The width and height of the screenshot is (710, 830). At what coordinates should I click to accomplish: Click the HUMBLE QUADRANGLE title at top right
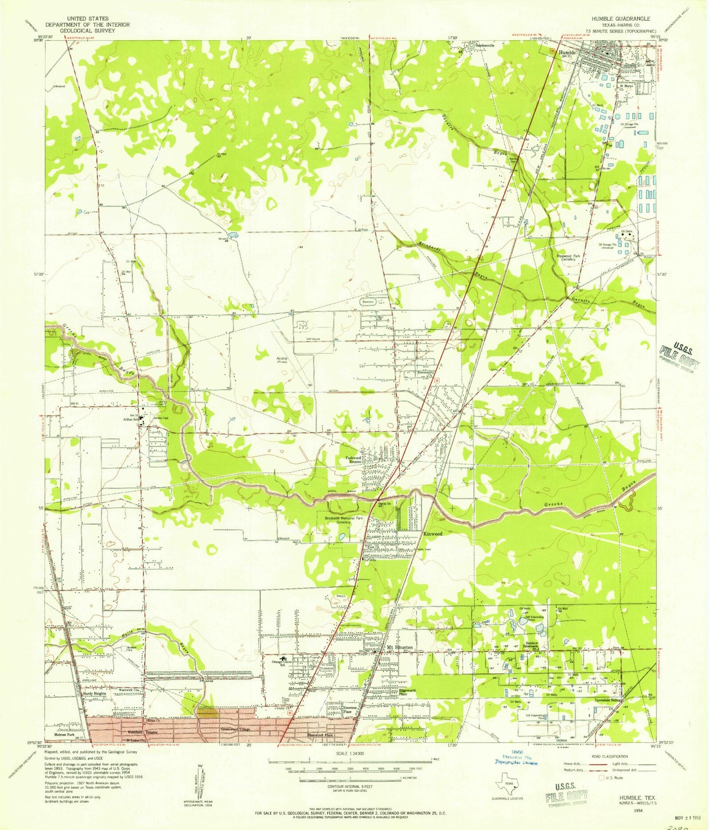click(x=621, y=18)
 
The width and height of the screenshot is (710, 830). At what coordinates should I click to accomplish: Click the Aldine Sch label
click(x=130, y=420)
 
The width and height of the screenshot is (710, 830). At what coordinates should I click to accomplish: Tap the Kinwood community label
click(x=433, y=534)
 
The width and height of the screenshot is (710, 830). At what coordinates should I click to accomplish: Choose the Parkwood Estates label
click(x=355, y=459)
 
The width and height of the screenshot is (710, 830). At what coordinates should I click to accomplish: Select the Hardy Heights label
click(x=94, y=693)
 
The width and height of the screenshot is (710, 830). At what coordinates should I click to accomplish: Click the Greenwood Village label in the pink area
click(x=236, y=729)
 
